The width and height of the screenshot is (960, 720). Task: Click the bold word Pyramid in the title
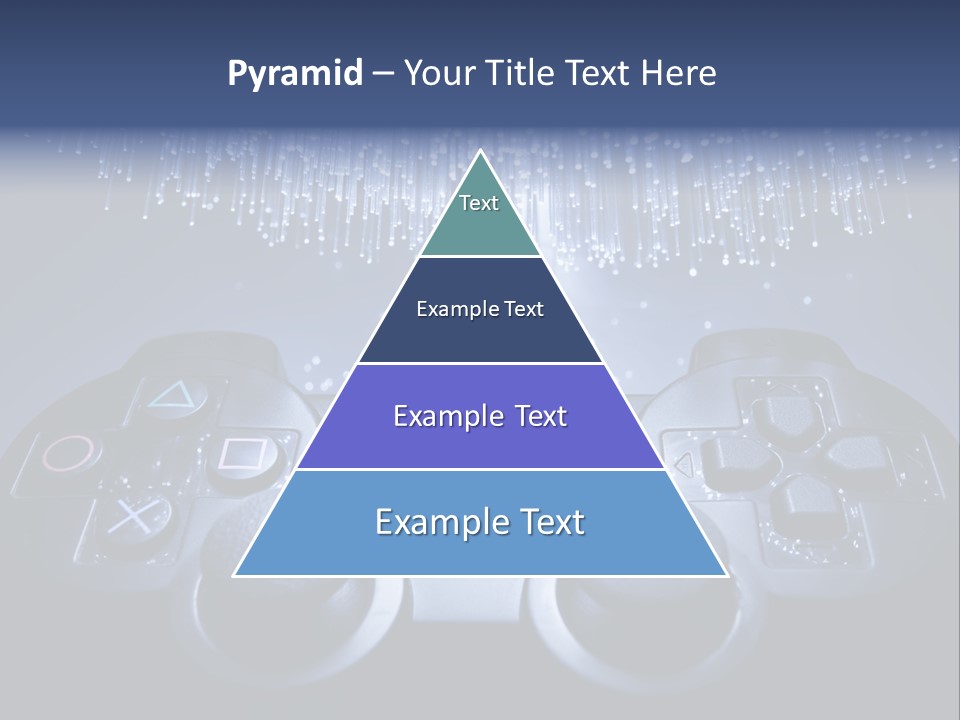(x=295, y=74)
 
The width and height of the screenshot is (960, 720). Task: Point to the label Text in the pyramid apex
(x=479, y=203)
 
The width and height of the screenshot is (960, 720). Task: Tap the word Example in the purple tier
(x=438, y=416)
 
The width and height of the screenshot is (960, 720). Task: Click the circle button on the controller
(x=71, y=453)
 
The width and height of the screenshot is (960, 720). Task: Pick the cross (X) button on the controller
(x=130, y=516)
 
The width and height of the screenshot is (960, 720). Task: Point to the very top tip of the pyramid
(x=480, y=153)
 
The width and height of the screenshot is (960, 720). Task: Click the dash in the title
(x=382, y=74)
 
